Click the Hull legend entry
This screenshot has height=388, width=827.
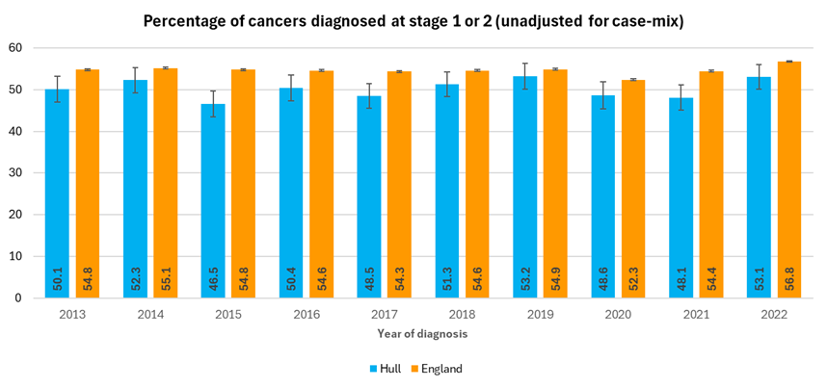pos(385,368)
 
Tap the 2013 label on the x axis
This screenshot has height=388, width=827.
pos(72,314)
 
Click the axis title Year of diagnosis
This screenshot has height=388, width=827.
pos(413,333)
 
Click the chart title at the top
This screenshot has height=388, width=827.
pos(413,20)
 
